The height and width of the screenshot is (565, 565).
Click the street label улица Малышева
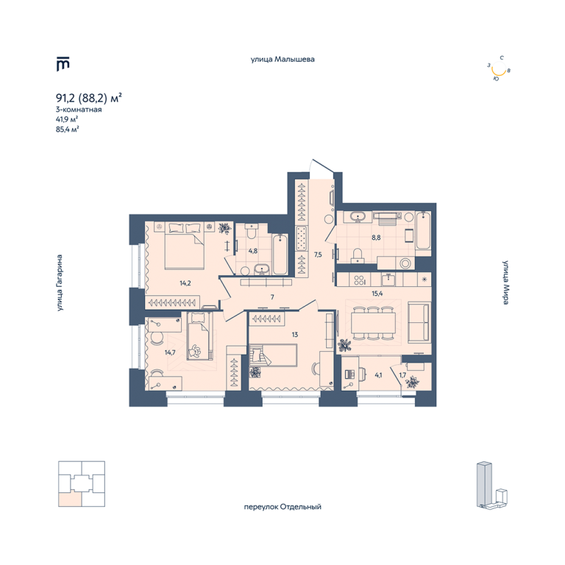pyautogui.click(x=282, y=59)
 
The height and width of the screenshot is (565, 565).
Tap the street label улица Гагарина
pyautogui.click(x=60, y=282)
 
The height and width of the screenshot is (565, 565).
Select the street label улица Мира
pyautogui.click(x=506, y=282)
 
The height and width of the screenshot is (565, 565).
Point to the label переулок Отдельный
pyautogui.click(x=282, y=507)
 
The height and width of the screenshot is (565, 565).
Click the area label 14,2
pyautogui.click(x=185, y=283)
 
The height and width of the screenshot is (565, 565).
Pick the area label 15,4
pyautogui.click(x=377, y=294)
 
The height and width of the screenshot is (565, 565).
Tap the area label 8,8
pyautogui.click(x=376, y=238)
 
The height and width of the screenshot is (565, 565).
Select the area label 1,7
pyautogui.click(x=402, y=374)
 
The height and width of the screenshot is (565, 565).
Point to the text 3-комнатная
pyautogui.click(x=79, y=110)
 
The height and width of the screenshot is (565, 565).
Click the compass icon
pyautogui.click(x=499, y=68)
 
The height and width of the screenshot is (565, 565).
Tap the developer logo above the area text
pyautogui.click(x=63, y=64)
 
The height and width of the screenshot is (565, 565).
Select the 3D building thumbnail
pyautogui.click(x=493, y=485)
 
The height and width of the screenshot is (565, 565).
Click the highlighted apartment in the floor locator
pyautogui.click(x=69, y=499)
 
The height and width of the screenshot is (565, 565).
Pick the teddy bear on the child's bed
pyautogui.click(x=196, y=351)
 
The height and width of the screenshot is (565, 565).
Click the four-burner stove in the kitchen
pyautogui.click(x=360, y=280)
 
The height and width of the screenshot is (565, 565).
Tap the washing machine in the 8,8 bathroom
pyautogui.click(x=405, y=263)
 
